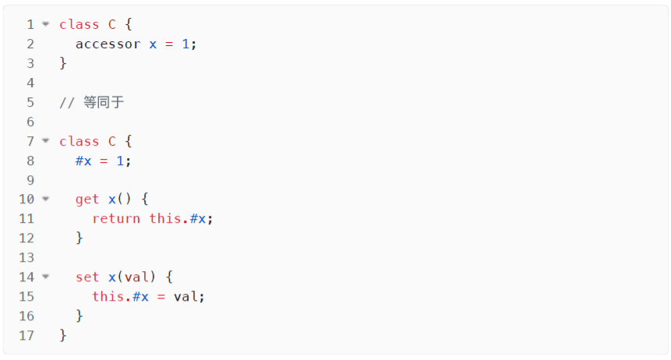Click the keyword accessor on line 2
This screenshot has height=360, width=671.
coord(108,44)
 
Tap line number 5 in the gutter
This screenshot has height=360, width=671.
coord(30,102)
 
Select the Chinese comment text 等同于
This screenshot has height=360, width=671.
coord(104,102)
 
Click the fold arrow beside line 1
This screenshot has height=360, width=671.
coord(45,24)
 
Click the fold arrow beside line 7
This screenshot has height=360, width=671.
coord(45,141)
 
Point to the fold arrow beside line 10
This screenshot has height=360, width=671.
coord(45,199)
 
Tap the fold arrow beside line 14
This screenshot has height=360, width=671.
coord(45,277)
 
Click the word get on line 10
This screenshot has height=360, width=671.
coord(87,199)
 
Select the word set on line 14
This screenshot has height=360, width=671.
coord(87,277)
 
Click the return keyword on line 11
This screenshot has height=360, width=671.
coord(116,219)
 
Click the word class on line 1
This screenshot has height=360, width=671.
coord(79,24)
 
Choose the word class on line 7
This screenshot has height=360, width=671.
coord(79,141)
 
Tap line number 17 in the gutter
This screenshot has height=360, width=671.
coord(27,335)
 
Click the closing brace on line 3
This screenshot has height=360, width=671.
coord(63,63)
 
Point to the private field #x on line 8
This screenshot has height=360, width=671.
coord(83,161)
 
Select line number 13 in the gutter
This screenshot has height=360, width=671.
coord(27,257)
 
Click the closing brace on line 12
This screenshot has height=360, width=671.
coord(79,238)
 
